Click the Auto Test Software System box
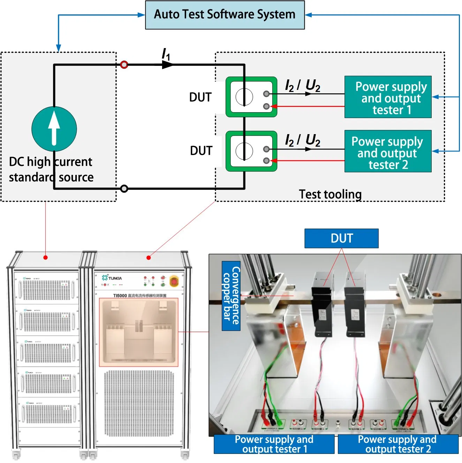click(225, 15)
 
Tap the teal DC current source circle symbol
click(54, 129)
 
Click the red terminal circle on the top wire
click(124, 65)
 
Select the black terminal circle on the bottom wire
click(124, 189)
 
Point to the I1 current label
click(166, 54)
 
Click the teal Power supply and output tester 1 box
click(388, 97)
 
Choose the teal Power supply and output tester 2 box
click(388, 152)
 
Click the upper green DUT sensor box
click(251, 97)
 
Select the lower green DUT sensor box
click(251, 151)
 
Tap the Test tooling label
click(330, 194)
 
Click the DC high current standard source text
click(51, 170)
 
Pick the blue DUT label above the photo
click(341, 238)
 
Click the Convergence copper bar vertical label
click(231, 296)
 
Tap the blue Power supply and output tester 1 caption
click(274, 444)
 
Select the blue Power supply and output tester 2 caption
click(397, 444)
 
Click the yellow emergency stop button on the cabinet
click(174, 281)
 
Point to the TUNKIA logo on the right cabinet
click(112, 278)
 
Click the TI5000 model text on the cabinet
click(120, 296)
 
